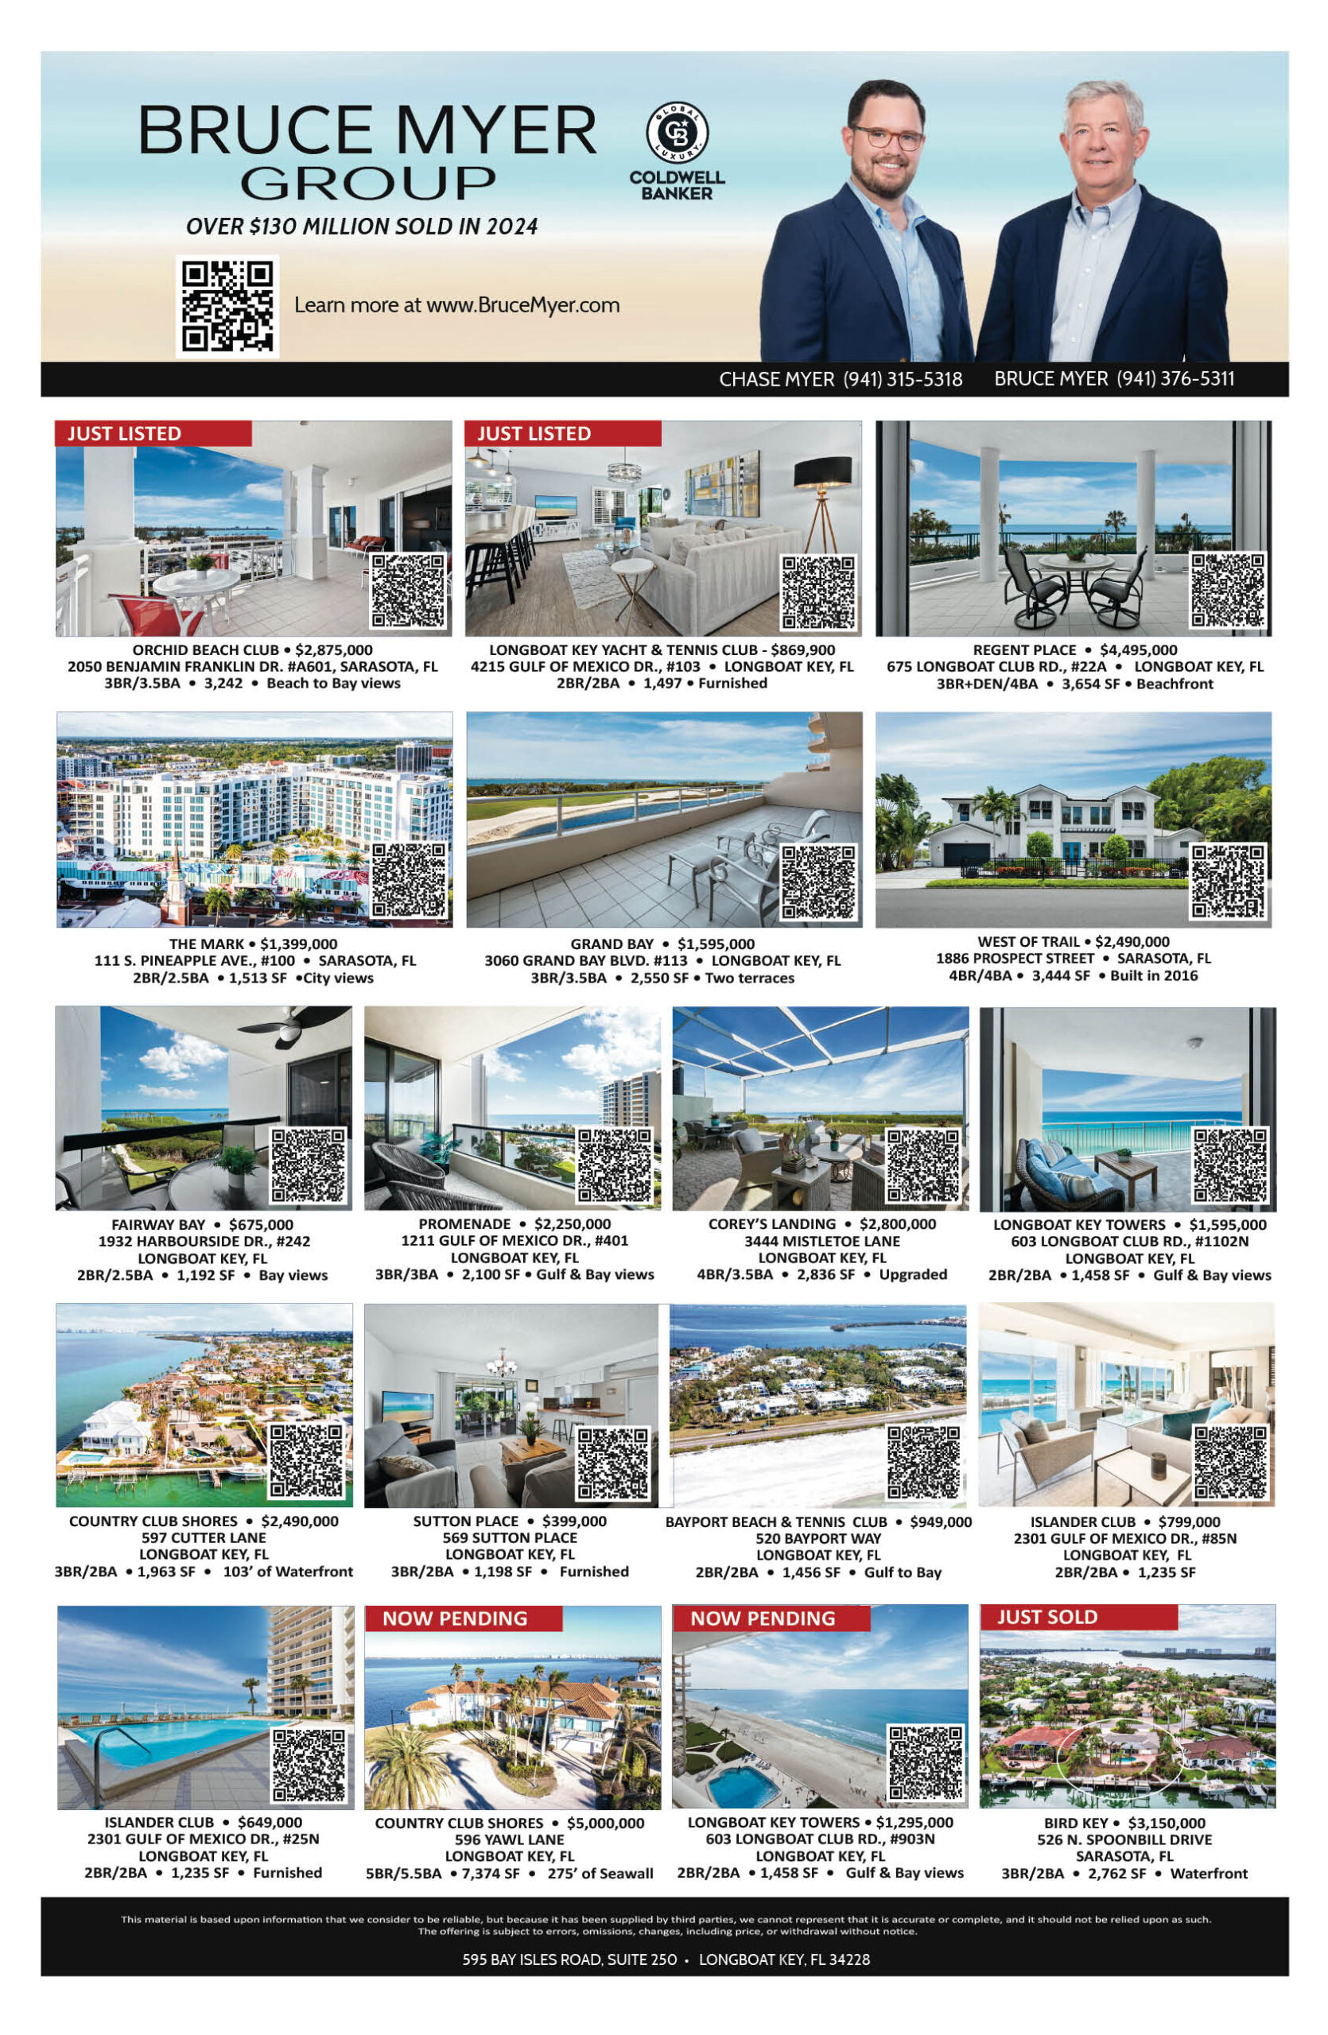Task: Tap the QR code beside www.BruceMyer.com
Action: click(227, 305)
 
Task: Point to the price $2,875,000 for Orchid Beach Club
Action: click(333, 649)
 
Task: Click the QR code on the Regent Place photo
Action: click(1228, 591)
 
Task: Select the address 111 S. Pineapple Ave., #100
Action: click(194, 960)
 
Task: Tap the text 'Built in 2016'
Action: click(1154, 975)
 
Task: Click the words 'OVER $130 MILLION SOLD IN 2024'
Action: click(362, 227)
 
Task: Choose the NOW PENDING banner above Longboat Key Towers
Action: click(762, 1618)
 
